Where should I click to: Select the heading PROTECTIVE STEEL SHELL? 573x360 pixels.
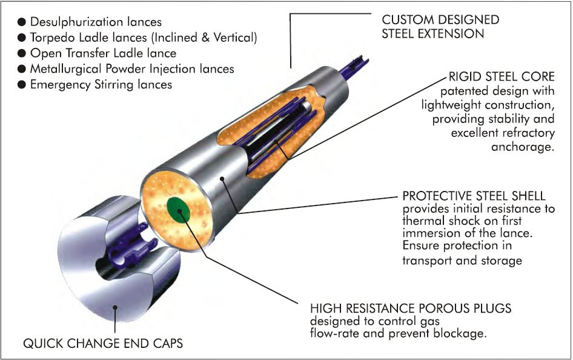click(474, 196)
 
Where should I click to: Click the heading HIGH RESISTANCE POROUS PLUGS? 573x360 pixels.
click(411, 308)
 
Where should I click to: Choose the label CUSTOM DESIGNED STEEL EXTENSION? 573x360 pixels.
click(440, 27)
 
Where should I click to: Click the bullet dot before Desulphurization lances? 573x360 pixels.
click(21, 22)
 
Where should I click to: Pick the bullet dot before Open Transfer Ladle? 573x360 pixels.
click(21, 54)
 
